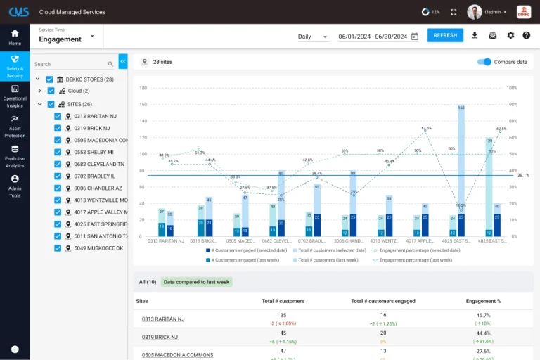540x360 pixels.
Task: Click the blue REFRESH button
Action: click(x=445, y=36)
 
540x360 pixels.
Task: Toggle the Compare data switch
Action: click(x=484, y=62)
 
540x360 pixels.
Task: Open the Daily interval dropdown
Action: click(x=312, y=37)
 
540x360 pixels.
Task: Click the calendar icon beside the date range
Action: click(x=415, y=37)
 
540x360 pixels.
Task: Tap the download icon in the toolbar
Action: click(x=475, y=36)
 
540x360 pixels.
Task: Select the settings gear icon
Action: click(x=510, y=36)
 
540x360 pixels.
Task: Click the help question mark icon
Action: click(x=526, y=36)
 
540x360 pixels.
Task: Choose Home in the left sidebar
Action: click(x=15, y=37)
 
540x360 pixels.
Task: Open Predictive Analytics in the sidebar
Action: click(x=15, y=156)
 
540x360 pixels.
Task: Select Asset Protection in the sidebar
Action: click(x=15, y=125)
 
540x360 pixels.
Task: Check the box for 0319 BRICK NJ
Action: click(x=58, y=129)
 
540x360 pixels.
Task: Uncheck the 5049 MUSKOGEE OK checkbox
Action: click(x=58, y=248)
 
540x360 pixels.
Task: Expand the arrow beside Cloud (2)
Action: click(x=40, y=91)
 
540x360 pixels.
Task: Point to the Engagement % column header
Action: click(x=483, y=301)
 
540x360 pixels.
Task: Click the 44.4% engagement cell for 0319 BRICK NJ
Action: click(x=483, y=333)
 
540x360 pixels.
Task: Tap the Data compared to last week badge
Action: click(x=196, y=282)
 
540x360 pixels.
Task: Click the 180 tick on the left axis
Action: click(x=143, y=89)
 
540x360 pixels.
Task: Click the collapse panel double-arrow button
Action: click(x=123, y=62)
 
